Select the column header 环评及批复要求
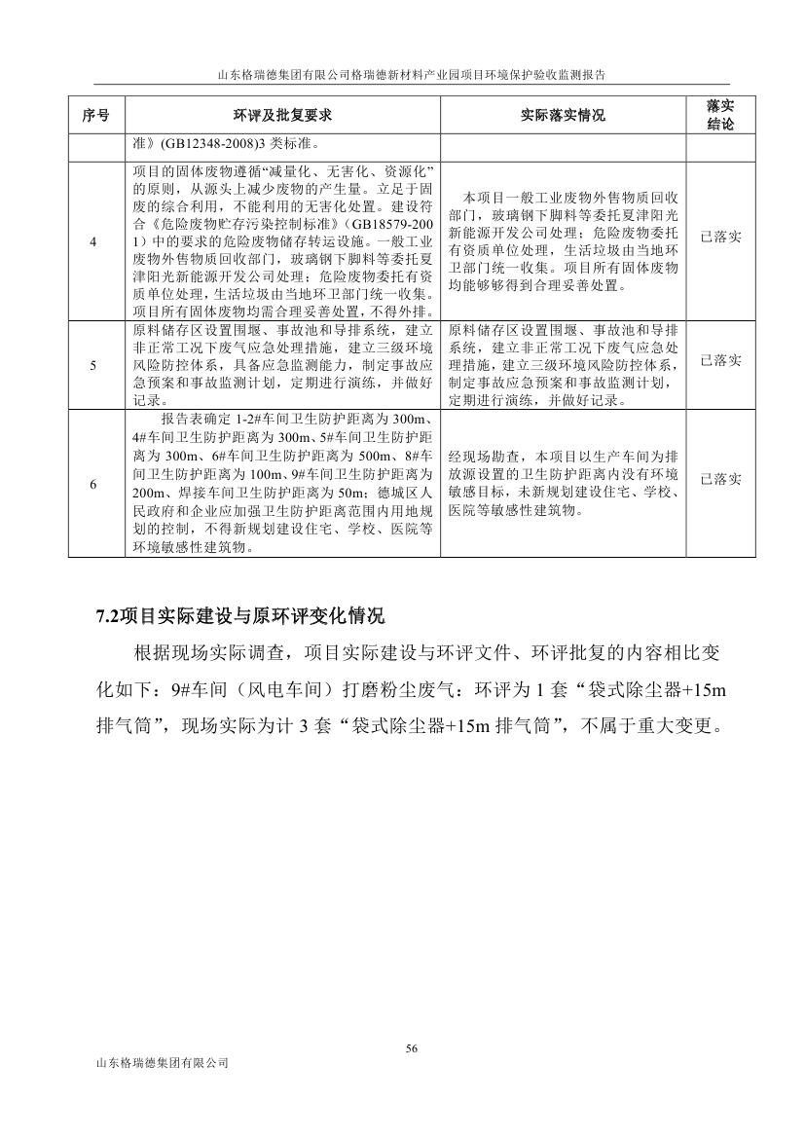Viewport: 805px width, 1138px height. click(283, 116)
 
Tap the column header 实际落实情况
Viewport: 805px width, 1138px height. click(563, 116)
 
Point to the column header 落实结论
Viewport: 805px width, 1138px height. click(720, 116)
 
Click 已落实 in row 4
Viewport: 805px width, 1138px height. click(720, 238)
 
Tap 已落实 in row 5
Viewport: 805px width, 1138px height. click(720, 361)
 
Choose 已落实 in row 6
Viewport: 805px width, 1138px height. click(720, 479)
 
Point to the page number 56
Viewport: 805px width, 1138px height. click(411, 1048)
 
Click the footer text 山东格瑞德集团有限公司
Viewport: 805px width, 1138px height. click(157, 1064)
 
